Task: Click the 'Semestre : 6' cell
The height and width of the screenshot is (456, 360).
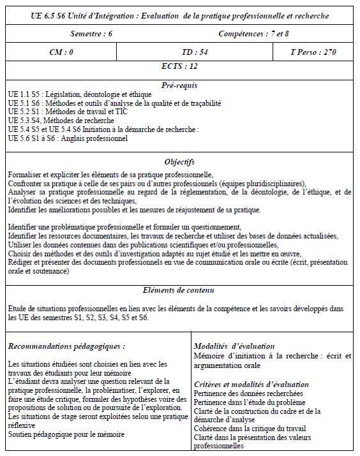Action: [91, 34]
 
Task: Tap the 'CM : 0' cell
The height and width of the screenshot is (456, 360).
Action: [61, 52]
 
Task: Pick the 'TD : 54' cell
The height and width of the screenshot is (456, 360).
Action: [181, 52]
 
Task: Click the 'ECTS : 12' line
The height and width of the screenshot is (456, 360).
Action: [180, 66]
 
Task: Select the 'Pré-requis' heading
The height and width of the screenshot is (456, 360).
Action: [180, 85]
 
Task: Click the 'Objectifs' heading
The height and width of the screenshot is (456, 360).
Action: [180, 162]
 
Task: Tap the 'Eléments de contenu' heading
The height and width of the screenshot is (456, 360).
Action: [180, 290]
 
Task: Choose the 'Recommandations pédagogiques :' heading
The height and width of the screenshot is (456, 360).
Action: [66, 346]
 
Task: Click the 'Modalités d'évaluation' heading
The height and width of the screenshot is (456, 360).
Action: [234, 346]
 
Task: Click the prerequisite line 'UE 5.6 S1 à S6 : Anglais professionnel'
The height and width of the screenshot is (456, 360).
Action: [68, 138]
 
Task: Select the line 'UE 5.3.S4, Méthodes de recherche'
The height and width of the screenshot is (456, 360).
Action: [61, 121]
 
